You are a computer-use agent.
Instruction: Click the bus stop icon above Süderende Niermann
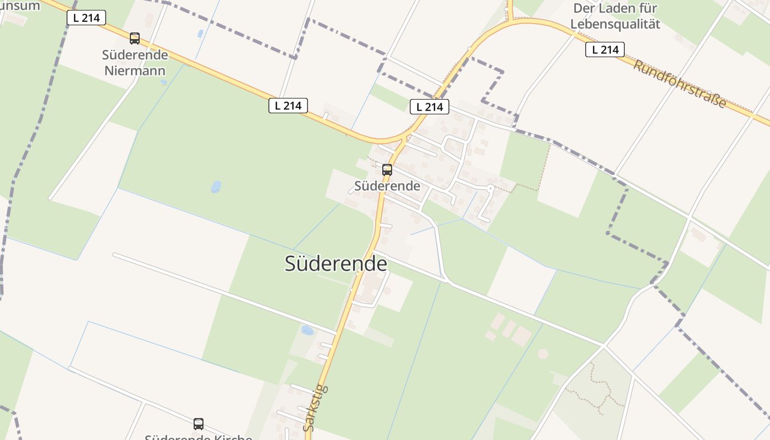click(x=135, y=38)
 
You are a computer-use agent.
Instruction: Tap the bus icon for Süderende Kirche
click(x=199, y=424)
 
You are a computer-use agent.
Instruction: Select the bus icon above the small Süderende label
click(x=387, y=170)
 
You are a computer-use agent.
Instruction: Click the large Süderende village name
click(x=335, y=263)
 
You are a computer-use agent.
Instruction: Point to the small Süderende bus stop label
click(x=387, y=186)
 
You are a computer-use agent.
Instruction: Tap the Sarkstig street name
click(x=316, y=408)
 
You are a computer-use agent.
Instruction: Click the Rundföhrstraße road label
click(x=679, y=84)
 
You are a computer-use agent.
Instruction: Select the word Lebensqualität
click(x=615, y=24)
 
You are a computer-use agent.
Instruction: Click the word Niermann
click(x=135, y=70)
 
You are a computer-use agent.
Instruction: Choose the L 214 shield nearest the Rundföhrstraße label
click(x=605, y=50)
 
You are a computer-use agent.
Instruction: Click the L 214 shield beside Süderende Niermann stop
click(x=86, y=18)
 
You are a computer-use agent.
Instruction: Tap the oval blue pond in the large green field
click(x=216, y=186)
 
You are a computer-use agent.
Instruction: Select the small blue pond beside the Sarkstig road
click(x=307, y=331)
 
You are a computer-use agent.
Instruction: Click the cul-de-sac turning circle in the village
click(x=491, y=188)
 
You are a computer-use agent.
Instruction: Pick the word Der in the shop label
click(x=584, y=9)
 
